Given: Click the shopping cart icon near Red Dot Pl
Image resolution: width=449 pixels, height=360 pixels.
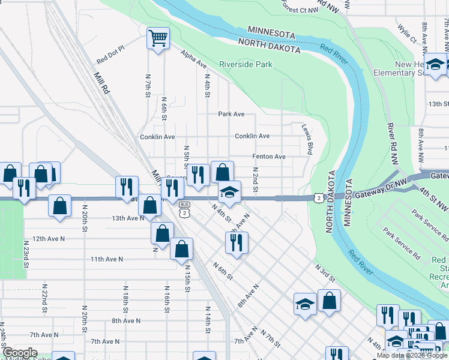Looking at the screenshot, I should tap(158, 39).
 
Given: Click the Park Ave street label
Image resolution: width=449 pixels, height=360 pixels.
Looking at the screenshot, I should tap(231, 114).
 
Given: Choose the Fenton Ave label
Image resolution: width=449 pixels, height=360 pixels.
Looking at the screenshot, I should tap(268, 156).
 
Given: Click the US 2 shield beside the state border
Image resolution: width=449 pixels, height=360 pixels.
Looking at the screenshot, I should tap(318, 197).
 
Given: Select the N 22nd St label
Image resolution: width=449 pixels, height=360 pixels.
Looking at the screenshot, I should tap(44, 296).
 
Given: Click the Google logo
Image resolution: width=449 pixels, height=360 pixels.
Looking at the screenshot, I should tap(20, 353).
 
